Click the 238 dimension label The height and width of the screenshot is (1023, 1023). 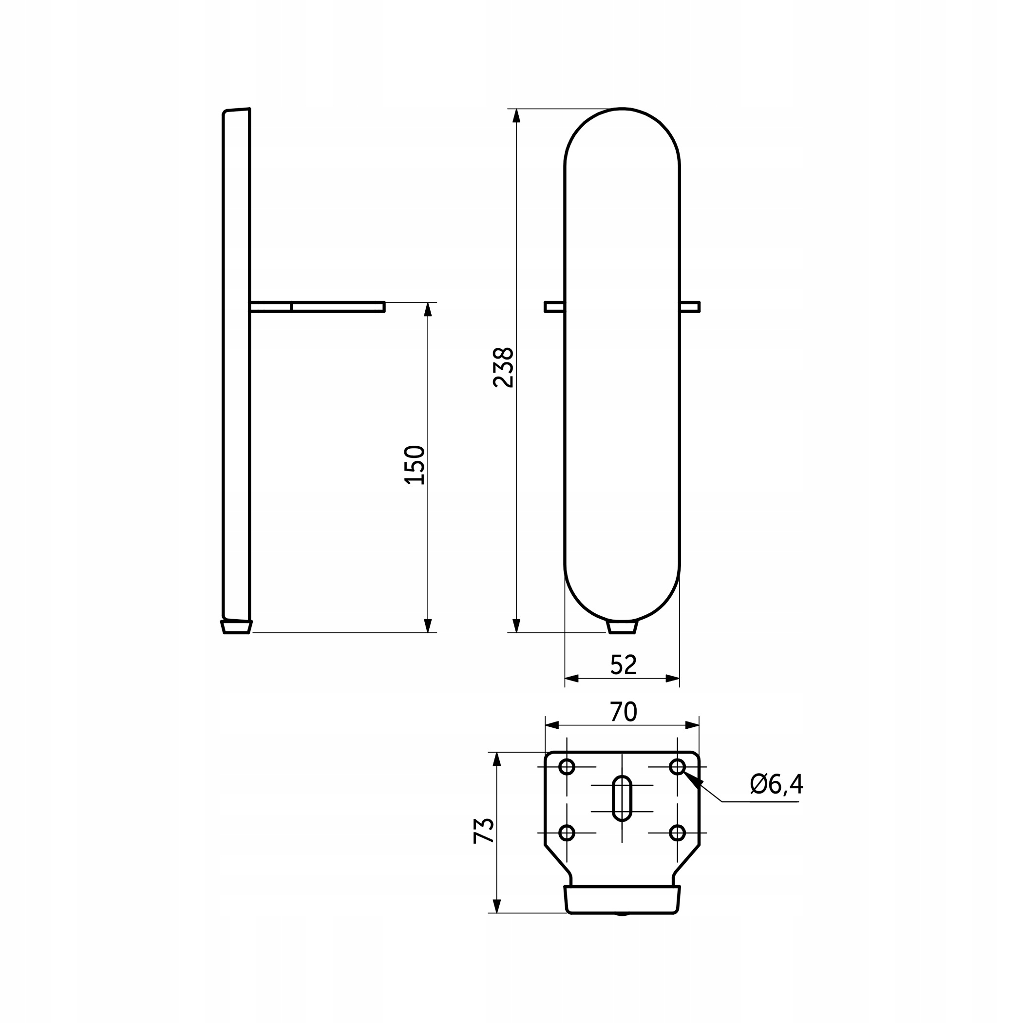[x=503, y=367]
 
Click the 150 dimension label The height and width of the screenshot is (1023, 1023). [x=415, y=465]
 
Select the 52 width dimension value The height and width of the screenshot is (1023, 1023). [x=623, y=665]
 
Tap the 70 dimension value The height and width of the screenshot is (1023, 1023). [x=623, y=712]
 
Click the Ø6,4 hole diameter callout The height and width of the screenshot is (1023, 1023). [x=776, y=784]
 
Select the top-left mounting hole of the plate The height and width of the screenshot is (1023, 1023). [x=567, y=766]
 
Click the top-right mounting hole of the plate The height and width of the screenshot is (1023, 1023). [x=678, y=766]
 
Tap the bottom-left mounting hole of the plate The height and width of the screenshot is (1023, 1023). [x=567, y=833]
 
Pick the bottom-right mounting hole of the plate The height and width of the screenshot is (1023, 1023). [x=678, y=833]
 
